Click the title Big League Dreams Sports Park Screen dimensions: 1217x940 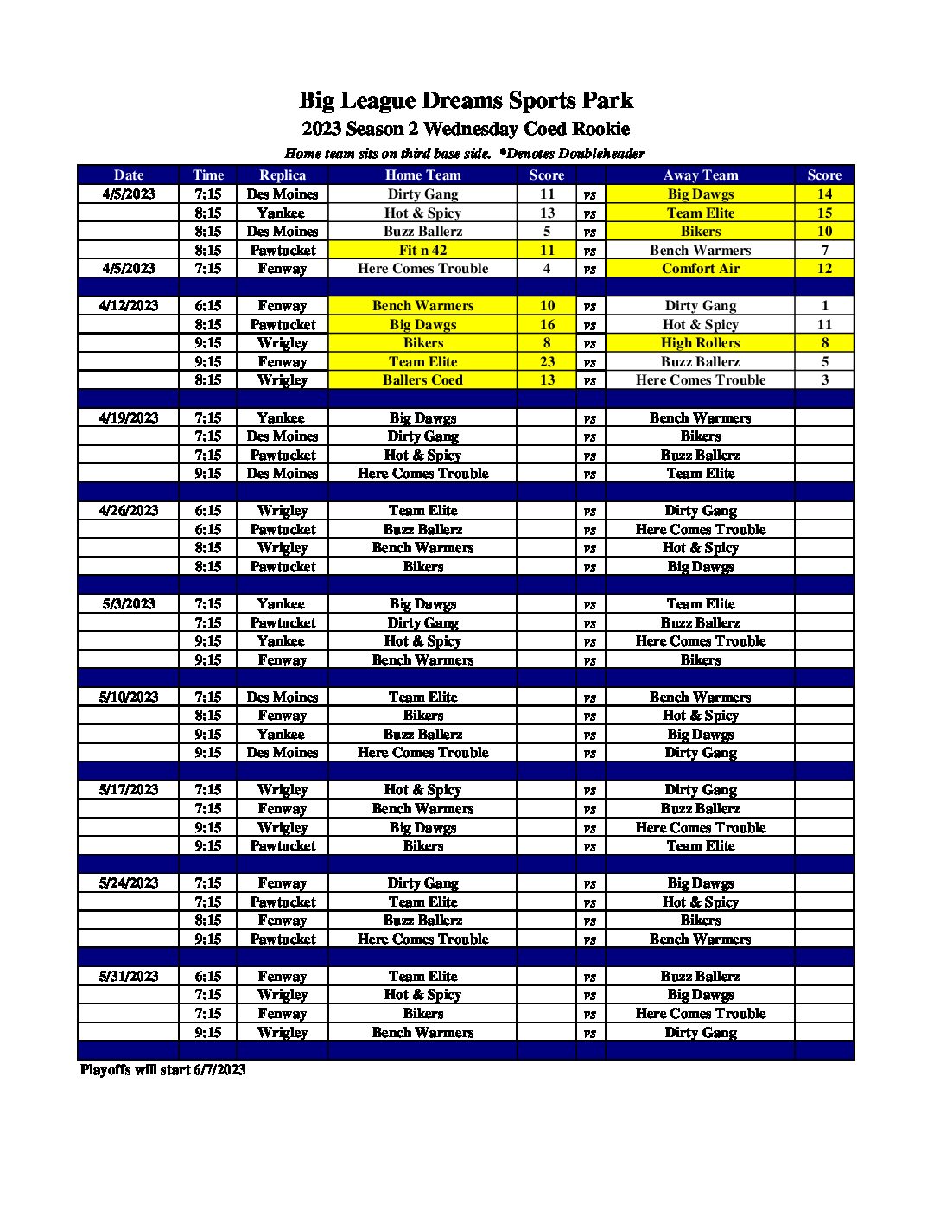(x=466, y=100)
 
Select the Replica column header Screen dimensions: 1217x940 (x=283, y=175)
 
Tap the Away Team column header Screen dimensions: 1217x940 (x=701, y=175)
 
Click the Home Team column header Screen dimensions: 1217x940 (x=422, y=175)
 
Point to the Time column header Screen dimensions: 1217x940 (x=208, y=175)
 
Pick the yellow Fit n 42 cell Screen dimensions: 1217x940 (x=422, y=250)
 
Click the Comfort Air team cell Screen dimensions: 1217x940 (x=701, y=268)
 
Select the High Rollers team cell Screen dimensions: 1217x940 (x=701, y=342)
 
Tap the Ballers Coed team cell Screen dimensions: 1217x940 (x=422, y=379)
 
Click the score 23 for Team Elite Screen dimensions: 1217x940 (x=547, y=361)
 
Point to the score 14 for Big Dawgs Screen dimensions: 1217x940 (x=824, y=194)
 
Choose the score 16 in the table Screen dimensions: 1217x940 (x=547, y=324)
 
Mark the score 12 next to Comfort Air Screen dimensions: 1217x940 (x=824, y=268)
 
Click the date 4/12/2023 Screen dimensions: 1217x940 (x=129, y=305)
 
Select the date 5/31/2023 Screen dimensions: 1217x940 (x=129, y=976)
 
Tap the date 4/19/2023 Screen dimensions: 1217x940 (x=129, y=417)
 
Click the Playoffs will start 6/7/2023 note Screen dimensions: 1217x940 (x=163, y=1069)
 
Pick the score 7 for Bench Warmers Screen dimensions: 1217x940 (x=824, y=250)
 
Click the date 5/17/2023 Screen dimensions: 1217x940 (x=129, y=789)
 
